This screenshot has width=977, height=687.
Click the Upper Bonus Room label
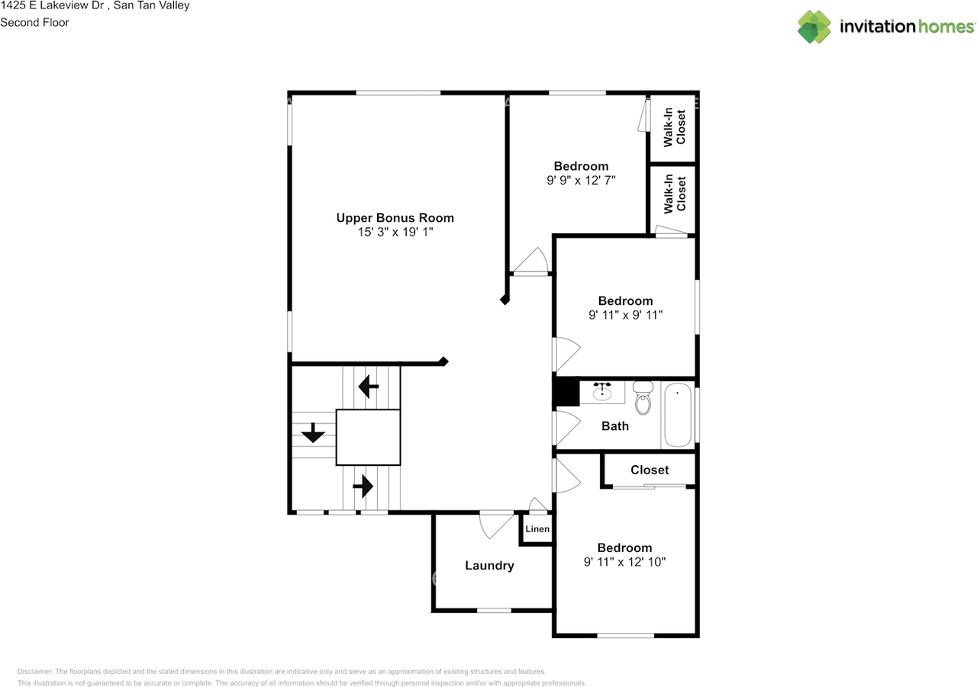pos(395,218)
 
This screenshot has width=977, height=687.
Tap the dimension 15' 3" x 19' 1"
pos(395,233)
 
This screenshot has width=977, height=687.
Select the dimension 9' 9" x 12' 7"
pos(581,181)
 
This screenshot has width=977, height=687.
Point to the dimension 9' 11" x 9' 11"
pos(625,315)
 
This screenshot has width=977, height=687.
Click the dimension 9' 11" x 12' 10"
pos(624,562)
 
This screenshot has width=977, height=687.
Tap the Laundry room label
pos(489,566)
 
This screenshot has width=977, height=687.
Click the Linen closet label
pos(537,529)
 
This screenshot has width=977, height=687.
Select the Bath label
pos(615,426)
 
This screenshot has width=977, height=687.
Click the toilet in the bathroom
pos(643,398)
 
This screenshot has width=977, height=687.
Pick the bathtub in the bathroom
pos(678,415)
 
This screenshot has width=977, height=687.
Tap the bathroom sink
pos(602,391)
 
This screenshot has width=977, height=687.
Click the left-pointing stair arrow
pos(369,387)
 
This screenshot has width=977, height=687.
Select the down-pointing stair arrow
pos(313,432)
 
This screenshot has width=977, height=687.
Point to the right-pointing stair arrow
pos(363,486)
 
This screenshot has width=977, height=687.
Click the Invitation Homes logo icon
pos(814,27)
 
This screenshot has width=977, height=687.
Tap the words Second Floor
pos(34,23)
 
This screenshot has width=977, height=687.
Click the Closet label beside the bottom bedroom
pos(650,470)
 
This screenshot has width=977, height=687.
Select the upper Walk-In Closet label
pos(674,127)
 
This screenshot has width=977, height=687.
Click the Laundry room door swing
pos(496,525)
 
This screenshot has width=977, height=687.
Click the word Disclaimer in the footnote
pos(34,672)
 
